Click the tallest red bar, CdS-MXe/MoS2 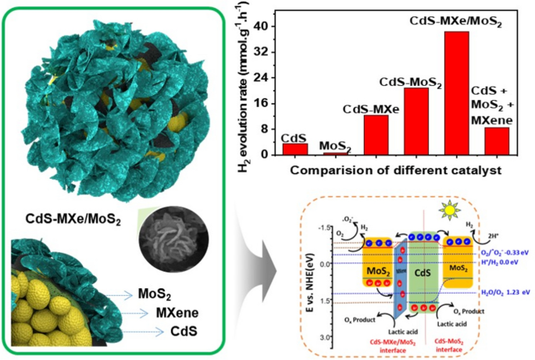coord(457,93)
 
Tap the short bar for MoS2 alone coord(335,153)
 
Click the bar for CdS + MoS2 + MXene coord(497,141)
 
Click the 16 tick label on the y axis coord(263,103)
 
